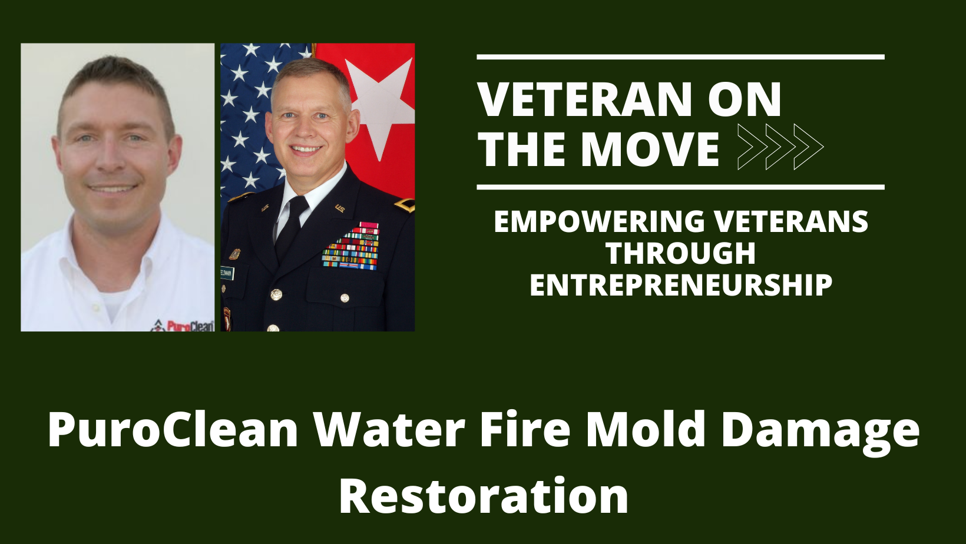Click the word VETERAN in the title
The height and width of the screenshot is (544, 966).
coord(585,100)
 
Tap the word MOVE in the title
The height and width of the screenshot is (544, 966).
coord(650,148)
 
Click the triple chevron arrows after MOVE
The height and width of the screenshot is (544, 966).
coord(780,147)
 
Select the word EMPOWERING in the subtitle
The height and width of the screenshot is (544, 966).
coord(599,222)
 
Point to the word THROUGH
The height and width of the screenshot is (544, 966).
coord(680,254)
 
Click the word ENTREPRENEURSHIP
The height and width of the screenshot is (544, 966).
coord(680,286)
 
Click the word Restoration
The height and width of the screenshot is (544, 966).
coord(484,496)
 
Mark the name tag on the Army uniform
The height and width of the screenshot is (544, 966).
coord(227,273)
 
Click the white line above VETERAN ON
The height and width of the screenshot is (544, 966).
coord(680,57)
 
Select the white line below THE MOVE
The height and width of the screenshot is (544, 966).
coord(680,187)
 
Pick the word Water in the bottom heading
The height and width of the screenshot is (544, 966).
coord(390,430)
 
